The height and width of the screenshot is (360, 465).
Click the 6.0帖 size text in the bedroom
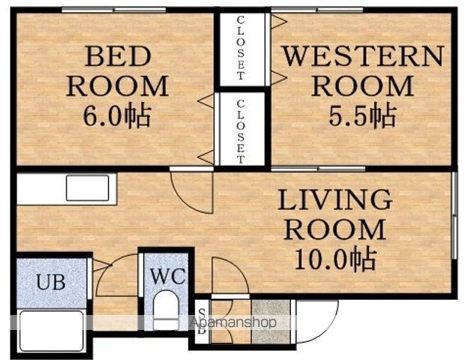click(117, 115)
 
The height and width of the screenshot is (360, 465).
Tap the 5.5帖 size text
click(362, 115)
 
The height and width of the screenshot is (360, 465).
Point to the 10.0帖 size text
click(336, 259)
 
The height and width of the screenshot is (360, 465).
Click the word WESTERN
click(363, 55)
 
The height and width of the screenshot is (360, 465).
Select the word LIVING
click(334, 200)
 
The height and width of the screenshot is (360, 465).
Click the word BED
click(118, 56)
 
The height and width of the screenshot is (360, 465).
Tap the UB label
click(51, 282)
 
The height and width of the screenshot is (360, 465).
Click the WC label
click(168, 276)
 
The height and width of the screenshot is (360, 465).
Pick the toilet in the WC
click(166, 310)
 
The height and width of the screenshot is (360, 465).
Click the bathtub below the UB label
click(52, 331)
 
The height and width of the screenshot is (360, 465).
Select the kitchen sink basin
click(88, 188)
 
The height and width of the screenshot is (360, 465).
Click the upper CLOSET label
click(241, 49)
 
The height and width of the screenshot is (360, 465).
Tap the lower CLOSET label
click(241, 132)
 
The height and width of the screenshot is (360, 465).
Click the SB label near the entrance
click(202, 322)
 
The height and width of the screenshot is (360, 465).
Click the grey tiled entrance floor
click(271, 322)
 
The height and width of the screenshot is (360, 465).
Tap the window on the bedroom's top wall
click(114, 10)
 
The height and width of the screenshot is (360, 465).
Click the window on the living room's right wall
click(454, 215)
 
